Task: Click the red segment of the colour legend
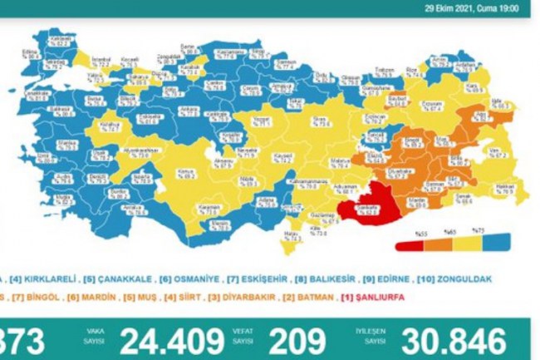pyautogui.click(x=410, y=246)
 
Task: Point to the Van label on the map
pyautogui.click(x=495, y=151)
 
